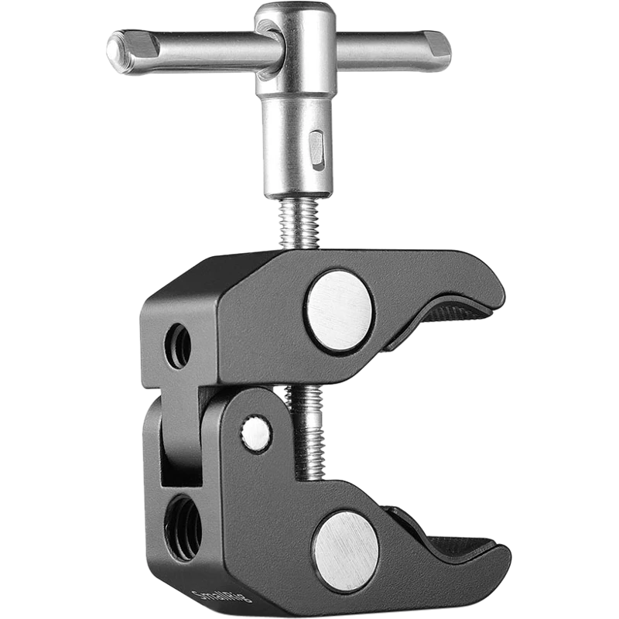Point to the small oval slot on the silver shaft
[317, 149]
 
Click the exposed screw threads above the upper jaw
[299, 224]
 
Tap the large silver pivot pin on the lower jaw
[347, 552]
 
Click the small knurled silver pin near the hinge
[255, 433]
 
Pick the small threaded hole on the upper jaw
[178, 346]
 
